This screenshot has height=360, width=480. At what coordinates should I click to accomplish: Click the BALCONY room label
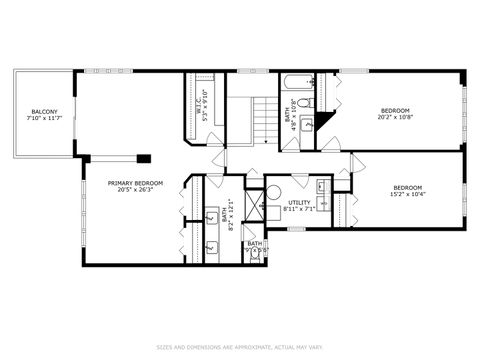tap(43, 111)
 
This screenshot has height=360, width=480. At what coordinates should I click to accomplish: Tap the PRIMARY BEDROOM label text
tap(136, 183)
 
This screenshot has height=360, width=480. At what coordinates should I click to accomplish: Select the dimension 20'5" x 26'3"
tap(136, 190)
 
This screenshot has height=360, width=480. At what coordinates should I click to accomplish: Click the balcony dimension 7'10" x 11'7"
tap(43, 118)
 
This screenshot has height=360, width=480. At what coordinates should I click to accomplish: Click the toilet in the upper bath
tap(311, 101)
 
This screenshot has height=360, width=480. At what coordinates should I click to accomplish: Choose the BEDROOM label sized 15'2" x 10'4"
tap(406, 188)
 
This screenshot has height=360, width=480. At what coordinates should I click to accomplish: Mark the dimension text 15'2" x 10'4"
tap(406, 195)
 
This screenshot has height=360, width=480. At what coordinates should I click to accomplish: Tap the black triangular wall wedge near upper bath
tap(333, 143)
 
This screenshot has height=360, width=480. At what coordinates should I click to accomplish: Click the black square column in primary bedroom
tap(145, 157)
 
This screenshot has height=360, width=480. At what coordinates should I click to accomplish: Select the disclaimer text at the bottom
tap(240, 347)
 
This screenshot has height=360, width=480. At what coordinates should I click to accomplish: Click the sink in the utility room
tap(323, 186)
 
